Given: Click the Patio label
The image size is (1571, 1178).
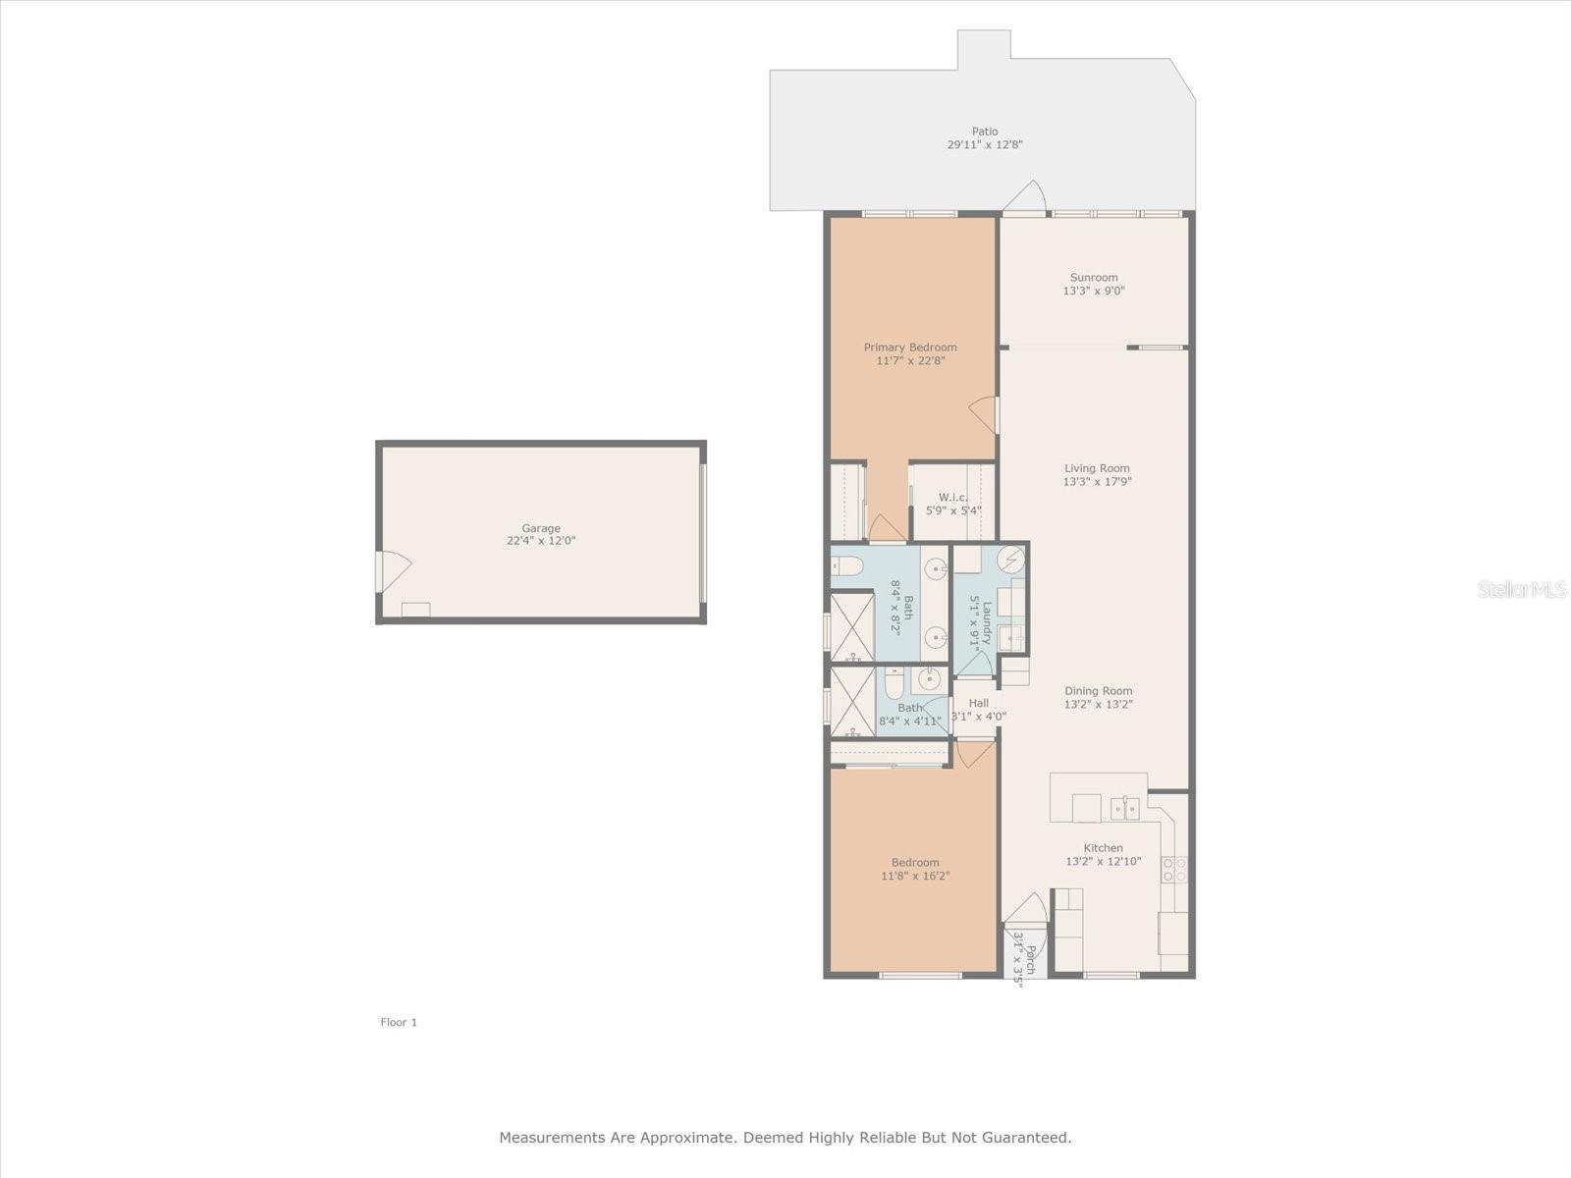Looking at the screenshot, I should (x=985, y=132).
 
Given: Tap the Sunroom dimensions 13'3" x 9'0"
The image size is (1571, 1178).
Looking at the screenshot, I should (x=1094, y=291).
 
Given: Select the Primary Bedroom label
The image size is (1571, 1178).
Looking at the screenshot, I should (x=910, y=348).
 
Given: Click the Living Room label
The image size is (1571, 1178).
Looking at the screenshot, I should (x=1097, y=468).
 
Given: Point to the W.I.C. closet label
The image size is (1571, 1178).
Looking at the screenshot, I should (x=952, y=498).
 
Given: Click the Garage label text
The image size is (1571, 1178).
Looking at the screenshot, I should (x=541, y=528).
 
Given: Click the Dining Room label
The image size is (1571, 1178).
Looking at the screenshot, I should (x=1098, y=691).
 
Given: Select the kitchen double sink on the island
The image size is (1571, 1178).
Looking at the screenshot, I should (x=1124, y=808).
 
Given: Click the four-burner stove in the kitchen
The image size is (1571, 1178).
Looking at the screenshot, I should (x=1174, y=869).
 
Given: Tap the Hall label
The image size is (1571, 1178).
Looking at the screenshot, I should (x=979, y=703).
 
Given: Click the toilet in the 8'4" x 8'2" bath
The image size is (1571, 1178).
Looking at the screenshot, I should (x=848, y=566).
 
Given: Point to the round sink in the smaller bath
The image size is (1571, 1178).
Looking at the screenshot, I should (x=928, y=678).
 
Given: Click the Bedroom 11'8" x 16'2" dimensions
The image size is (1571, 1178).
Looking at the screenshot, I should (x=915, y=877).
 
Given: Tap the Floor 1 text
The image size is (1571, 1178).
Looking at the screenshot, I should (x=399, y=1022).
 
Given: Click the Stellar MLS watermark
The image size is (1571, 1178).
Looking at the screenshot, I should (x=1521, y=589).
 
